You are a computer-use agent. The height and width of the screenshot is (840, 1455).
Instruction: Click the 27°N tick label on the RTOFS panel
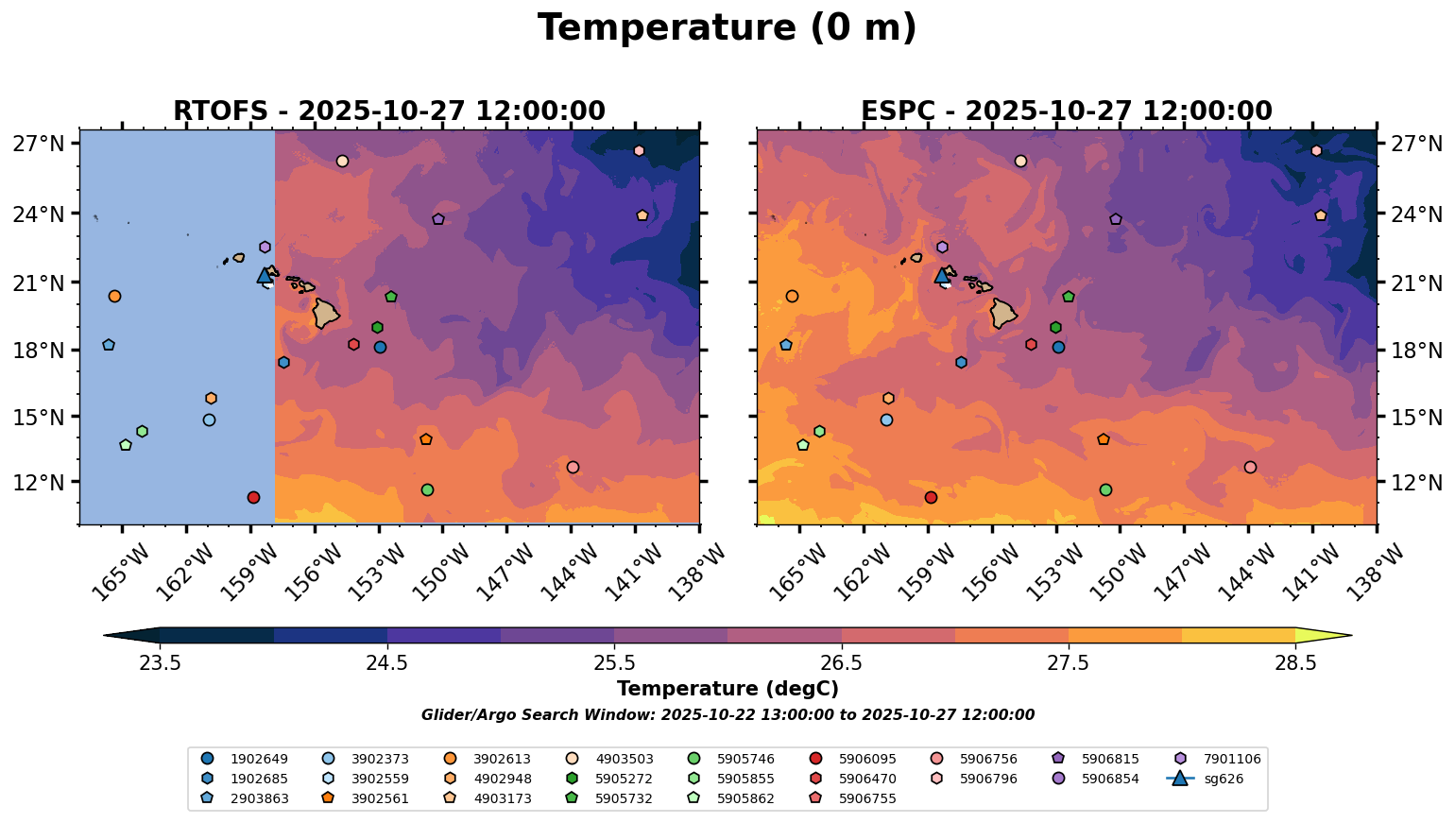[x=39, y=145]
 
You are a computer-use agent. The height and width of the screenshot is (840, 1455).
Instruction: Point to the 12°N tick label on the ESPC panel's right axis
[x=1414, y=483]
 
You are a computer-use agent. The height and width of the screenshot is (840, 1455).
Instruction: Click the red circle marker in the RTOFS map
[x=253, y=498]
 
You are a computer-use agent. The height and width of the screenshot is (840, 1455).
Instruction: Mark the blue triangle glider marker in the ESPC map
[x=942, y=276]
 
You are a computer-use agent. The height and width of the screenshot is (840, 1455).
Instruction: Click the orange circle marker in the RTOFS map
[x=114, y=297]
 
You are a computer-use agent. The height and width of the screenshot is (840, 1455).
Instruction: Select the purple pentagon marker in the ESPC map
[x=1116, y=219]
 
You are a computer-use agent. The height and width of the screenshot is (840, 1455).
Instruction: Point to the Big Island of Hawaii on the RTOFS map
[x=326, y=313]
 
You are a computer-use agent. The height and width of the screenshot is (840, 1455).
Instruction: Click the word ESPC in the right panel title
[x=899, y=111]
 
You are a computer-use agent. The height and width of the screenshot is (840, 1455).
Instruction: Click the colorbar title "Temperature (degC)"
[x=727, y=689]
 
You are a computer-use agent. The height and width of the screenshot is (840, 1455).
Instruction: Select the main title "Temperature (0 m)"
[x=727, y=27]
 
